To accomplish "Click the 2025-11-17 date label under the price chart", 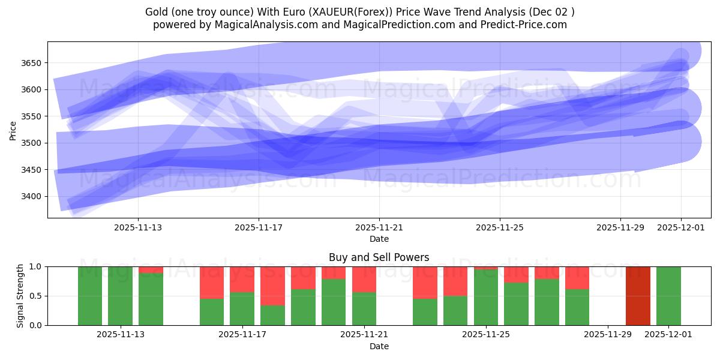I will tap(259, 227).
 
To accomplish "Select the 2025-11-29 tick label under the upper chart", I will tap(620, 227).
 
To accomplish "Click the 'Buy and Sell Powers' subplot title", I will tap(379, 257).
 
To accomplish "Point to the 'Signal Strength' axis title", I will tap(20, 296).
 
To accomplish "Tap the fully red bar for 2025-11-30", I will tap(638, 296).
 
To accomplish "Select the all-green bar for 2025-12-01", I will tap(668, 296).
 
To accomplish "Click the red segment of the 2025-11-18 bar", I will tap(272, 286).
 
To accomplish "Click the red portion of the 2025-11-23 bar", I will tap(425, 282).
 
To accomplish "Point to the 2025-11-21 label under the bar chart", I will tap(364, 334).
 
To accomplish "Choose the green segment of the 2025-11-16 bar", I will tap(212, 312).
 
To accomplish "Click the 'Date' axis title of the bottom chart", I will tap(379, 346).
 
